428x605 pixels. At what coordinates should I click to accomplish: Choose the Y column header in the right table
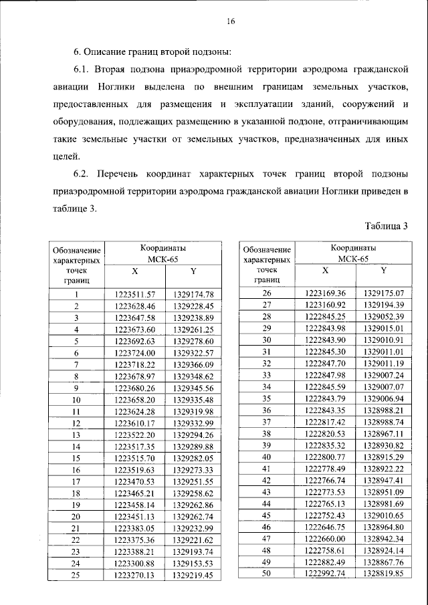383,271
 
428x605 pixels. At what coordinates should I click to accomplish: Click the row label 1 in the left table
77,294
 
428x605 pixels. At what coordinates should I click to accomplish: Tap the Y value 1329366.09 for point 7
193,364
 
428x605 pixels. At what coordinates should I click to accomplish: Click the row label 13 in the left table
77,435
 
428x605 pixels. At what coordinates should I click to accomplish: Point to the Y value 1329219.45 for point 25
193,574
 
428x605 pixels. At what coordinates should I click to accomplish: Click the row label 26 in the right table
267,293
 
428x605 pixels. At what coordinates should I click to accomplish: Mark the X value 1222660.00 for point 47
325,538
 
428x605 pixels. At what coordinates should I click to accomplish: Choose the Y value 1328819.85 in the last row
383,573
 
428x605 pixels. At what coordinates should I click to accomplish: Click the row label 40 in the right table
267,457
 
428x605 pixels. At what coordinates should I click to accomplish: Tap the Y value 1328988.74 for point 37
383,422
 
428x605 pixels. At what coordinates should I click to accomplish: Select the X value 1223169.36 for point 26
325,293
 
